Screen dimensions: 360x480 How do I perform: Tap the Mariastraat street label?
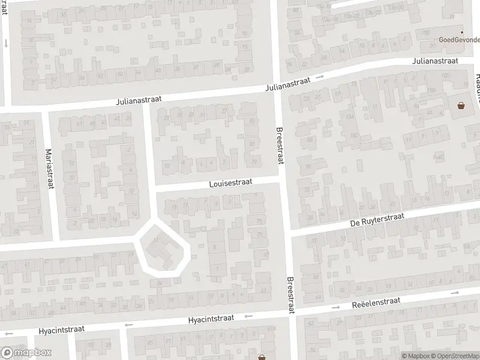(x=50, y=169)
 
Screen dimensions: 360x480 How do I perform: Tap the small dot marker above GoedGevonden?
(x=461, y=32)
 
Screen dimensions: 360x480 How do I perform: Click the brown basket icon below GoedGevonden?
(x=461, y=106)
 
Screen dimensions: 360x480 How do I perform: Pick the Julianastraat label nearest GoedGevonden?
(x=435, y=61)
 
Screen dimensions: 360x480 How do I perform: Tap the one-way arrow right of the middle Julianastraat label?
(x=320, y=77)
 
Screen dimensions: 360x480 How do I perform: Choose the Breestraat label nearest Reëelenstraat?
(x=291, y=295)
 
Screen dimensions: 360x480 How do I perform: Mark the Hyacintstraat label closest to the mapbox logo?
(x=62, y=329)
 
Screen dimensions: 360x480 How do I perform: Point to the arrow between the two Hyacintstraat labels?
(x=127, y=326)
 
